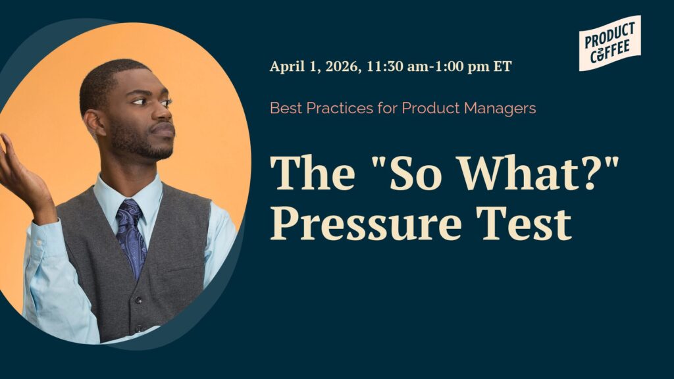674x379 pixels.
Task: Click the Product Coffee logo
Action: pyautogui.click(x=610, y=43)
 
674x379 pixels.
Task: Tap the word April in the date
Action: pyautogui.click(x=286, y=66)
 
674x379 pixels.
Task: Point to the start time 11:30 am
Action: pyautogui.click(x=396, y=66)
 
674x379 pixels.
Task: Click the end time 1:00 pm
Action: pyautogui.click(x=461, y=66)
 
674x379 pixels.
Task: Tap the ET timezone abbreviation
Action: pyautogui.click(x=502, y=66)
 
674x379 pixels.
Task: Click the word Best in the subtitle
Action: pyautogui.click(x=284, y=108)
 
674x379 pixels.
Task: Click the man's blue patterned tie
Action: pyautogui.click(x=131, y=234)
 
